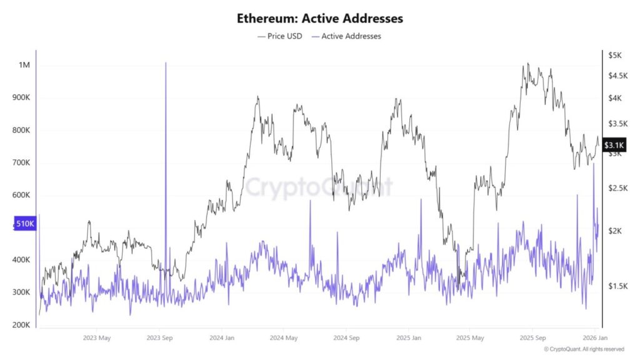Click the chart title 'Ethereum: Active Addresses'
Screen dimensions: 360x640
pos(319,18)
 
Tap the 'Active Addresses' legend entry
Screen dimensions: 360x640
pos(351,36)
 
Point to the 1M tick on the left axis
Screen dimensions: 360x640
pos(24,66)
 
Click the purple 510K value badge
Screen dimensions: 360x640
pos(25,224)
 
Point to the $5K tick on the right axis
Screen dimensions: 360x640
pos(615,55)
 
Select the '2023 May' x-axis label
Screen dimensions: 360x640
pos(97,338)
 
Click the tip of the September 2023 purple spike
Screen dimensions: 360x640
pos(166,63)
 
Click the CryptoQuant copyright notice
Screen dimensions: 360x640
pos(583,349)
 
